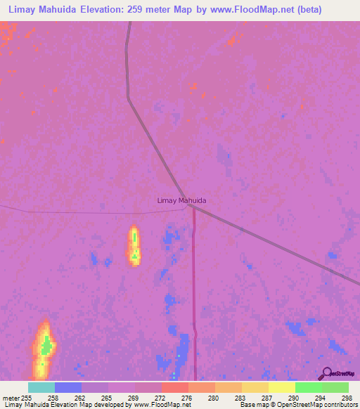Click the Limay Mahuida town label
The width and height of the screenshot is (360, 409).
pyautogui.click(x=181, y=200)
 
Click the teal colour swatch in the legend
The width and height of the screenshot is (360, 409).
pyautogui.click(x=41, y=387)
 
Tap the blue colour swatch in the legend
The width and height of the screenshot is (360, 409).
pyautogui.click(x=68, y=387)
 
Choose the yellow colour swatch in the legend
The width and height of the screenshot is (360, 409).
pyautogui.click(x=281, y=387)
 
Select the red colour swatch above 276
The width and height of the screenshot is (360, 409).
pyautogui.click(x=174, y=387)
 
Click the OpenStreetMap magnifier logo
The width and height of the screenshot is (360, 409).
pyautogui.click(x=326, y=374)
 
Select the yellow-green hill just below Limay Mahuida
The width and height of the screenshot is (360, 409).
pyautogui.click(x=134, y=246)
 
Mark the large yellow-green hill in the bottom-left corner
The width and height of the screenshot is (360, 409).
pyautogui.click(x=45, y=347)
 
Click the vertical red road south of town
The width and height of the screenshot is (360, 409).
pyautogui.click(x=194, y=295)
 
